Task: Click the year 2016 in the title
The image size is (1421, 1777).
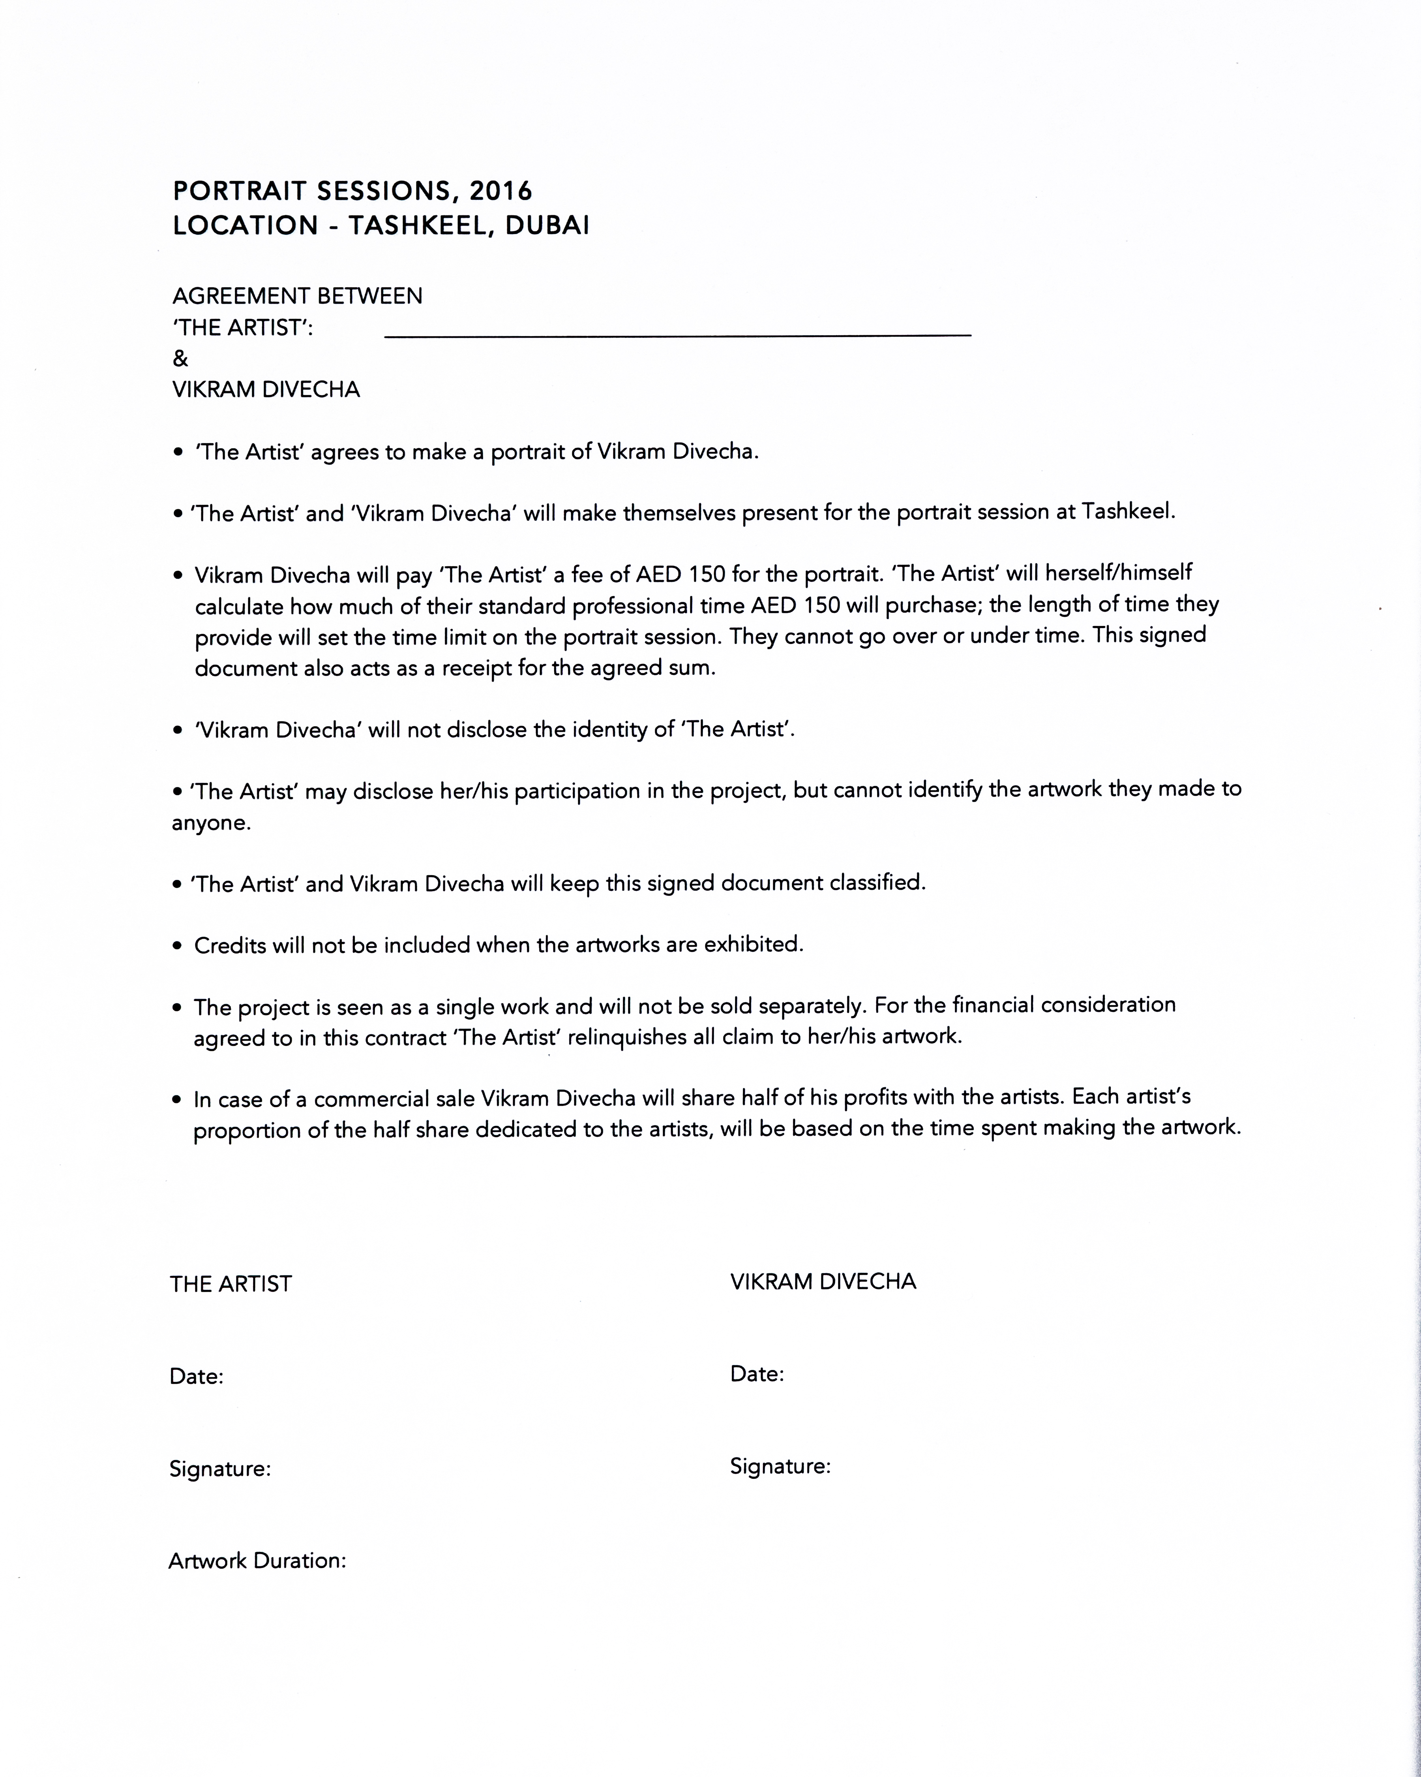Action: pos(501,191)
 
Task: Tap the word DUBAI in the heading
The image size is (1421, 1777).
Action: pos(547,226)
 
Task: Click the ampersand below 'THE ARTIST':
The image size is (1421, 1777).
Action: pos(180,359)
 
